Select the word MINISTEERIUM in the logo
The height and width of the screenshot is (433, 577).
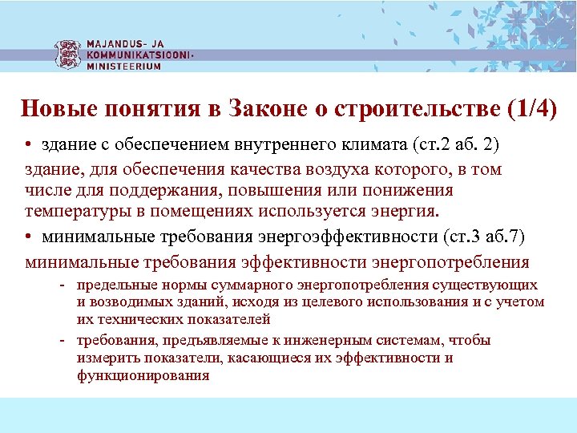click(x=123, y=67)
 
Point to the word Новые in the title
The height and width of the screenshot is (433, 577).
click(x=52, y=109)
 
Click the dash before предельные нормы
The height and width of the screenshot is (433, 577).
click(x=62, y=285)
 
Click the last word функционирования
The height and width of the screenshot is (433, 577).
click(x=143, y=375)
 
